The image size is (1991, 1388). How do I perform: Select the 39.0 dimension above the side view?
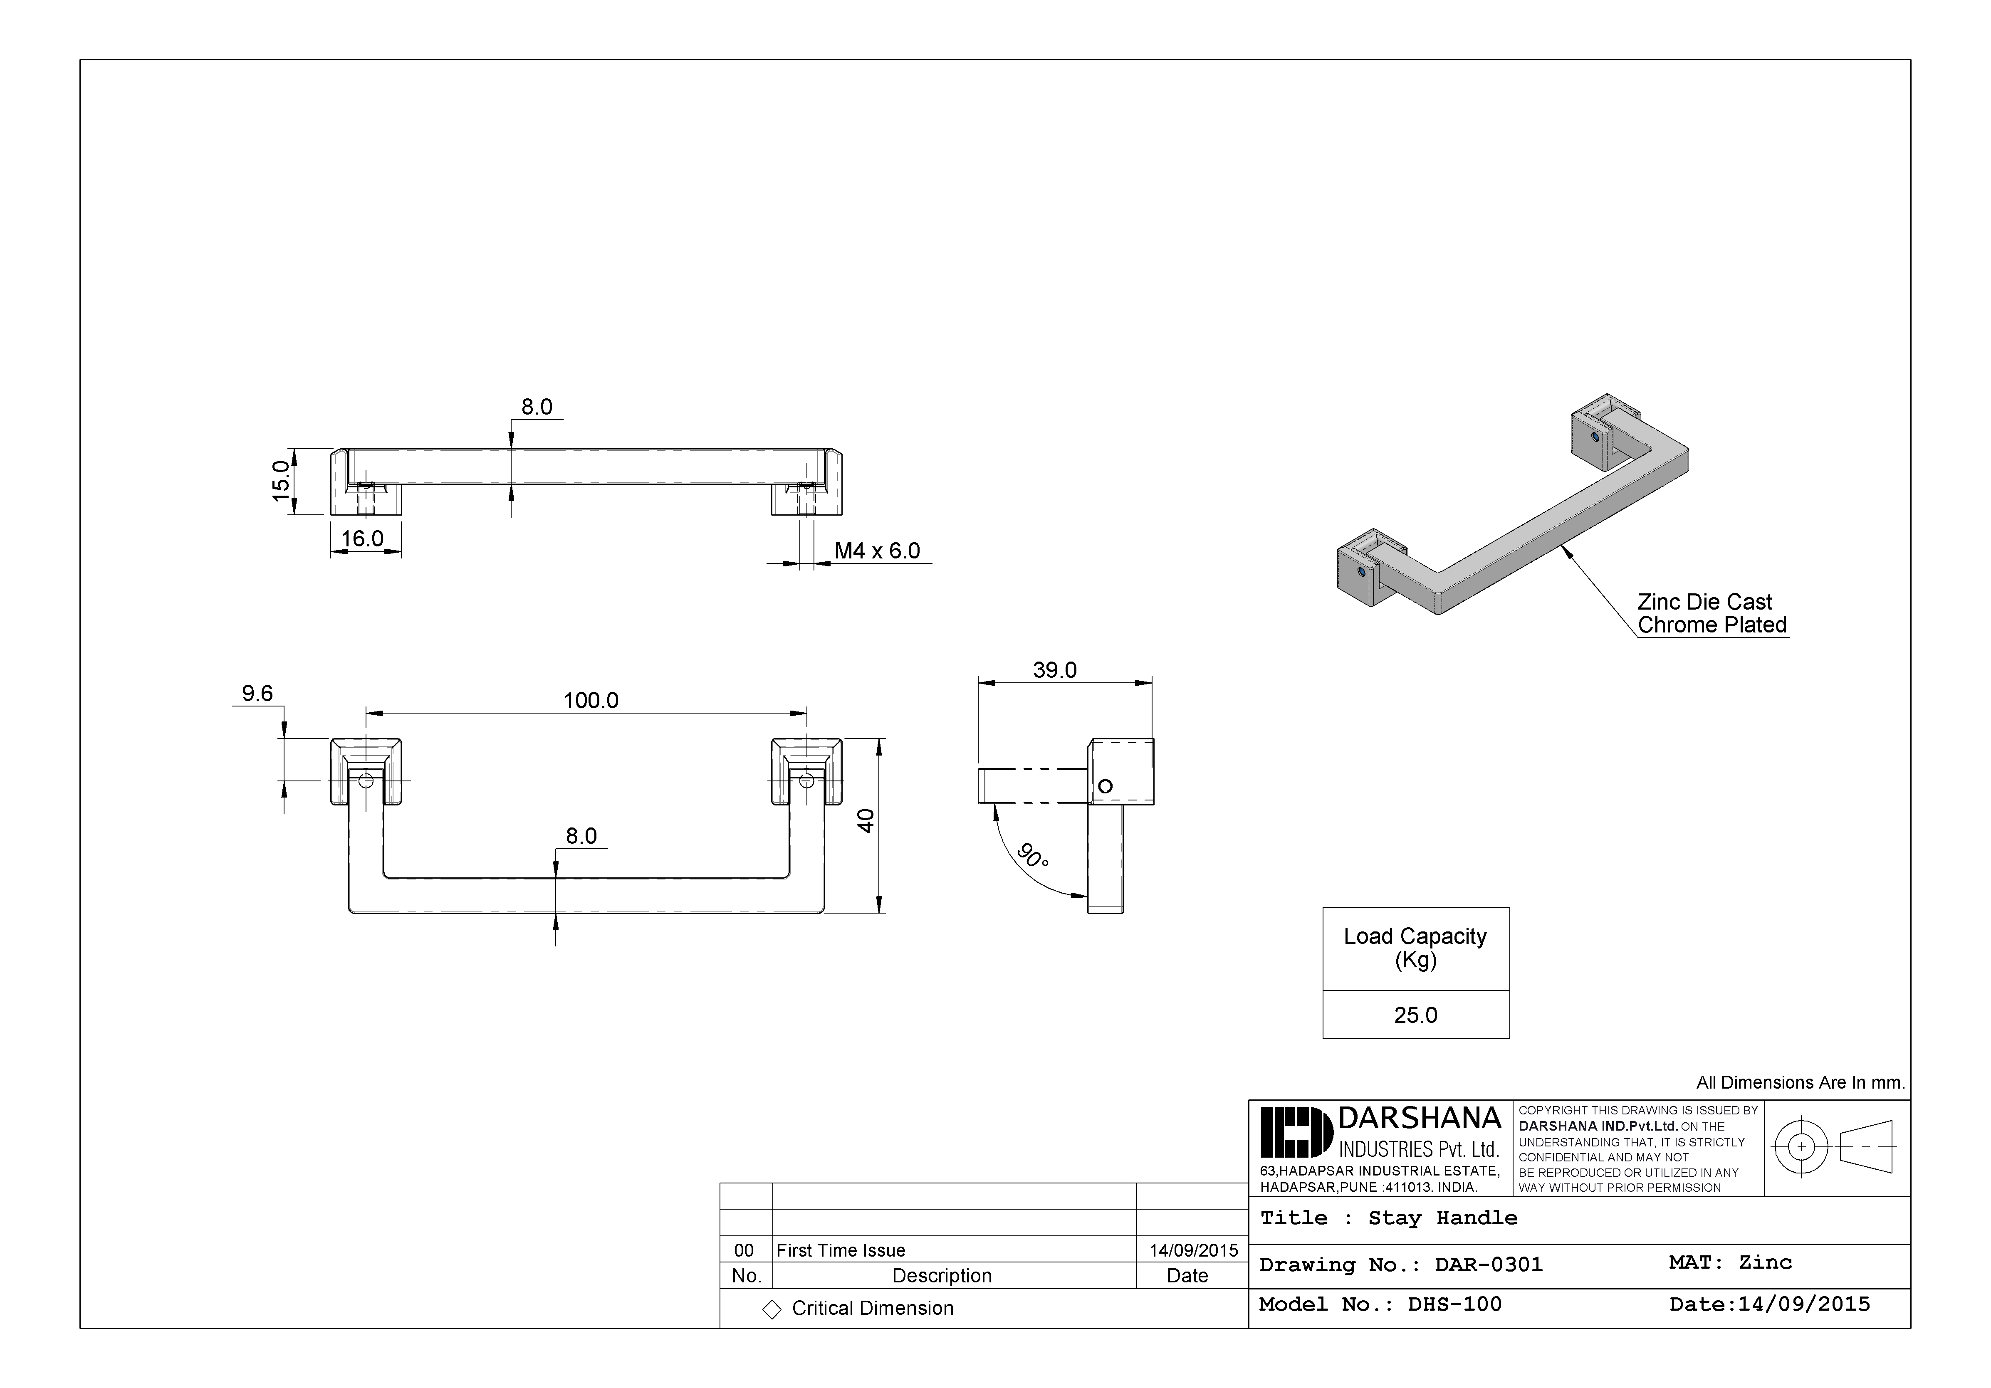click(x=1054, y=670)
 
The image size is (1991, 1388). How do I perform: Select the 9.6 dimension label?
click(x=257, y=694)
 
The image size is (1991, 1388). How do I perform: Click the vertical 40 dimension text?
click(x=866, y=820)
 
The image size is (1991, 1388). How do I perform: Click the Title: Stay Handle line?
click(x=1388, y=1218)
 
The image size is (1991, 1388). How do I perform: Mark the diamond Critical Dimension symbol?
click(x=771, y=1309)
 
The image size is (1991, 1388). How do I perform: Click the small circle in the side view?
click(x=1105, y=786)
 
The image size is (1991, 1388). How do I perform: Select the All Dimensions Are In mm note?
click(x=1800, y=1083)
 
